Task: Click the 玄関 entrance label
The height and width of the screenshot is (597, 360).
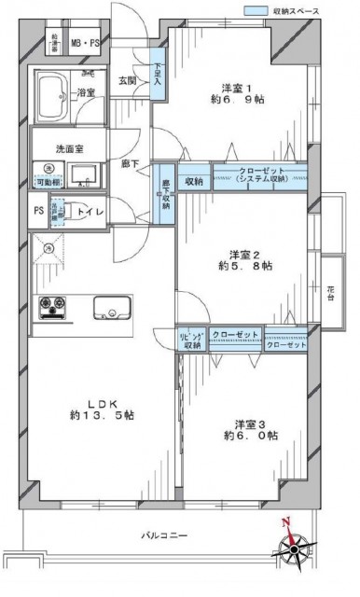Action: [x=127, y=79]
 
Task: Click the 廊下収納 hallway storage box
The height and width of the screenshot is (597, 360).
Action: [x=166, y=190]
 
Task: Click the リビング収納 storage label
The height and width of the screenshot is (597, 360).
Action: [x=191, y=339]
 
